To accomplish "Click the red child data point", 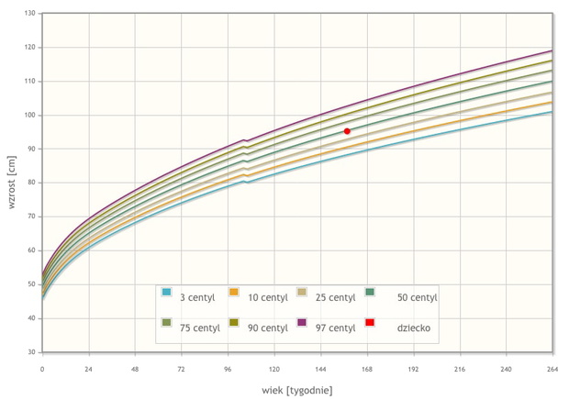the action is (x=347, y=131).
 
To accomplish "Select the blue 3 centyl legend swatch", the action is (x=166, y=292).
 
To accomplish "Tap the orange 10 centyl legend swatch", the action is (x=234, y=292).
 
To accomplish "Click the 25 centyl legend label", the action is (x=335, y=297).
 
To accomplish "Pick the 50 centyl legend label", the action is (x=417, y=297).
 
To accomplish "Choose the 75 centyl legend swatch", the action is (x=166, y=322).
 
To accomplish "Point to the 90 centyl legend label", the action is (x=268, y=328).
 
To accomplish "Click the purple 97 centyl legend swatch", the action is (x=302, y=322).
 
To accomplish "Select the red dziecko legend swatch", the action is (x=370, y=322).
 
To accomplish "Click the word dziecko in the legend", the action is (x=414, y=328).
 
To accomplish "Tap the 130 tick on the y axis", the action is (x=30, y=13).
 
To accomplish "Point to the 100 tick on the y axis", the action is (x=30, y=115).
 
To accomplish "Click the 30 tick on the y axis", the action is (x=31, y=352).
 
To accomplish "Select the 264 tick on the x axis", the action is (x=552, y=369).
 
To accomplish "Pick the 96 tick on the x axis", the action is (x=228, y=369).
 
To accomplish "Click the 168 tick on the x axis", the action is (x=367, y=369).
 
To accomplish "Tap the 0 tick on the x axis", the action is (x=42, y=369).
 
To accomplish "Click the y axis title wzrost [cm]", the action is (x=12, y=182).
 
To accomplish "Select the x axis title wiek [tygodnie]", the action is (x=297, y=391).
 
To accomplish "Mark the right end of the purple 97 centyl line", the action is (x=552, y=50).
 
